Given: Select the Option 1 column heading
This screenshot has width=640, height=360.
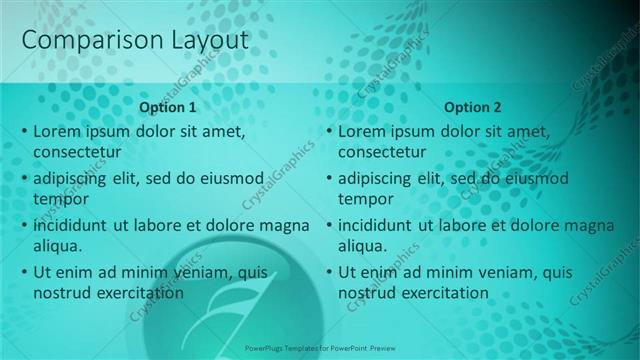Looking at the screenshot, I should point(168,107).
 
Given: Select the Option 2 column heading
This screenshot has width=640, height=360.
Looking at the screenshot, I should point(473,107).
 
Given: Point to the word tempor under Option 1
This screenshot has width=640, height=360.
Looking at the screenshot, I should point(60,199).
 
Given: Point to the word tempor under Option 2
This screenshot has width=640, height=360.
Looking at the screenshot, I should point(365,199).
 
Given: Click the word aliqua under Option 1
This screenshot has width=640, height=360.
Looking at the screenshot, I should point(58,245).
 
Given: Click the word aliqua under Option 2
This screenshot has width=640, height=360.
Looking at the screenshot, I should point(363,245).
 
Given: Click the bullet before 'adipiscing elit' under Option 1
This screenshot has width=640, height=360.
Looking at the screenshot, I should point(24,179).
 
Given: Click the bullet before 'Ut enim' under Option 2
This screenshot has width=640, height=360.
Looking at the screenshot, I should point(329,272).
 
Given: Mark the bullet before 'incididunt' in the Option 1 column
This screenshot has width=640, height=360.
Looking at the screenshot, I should point(24,226).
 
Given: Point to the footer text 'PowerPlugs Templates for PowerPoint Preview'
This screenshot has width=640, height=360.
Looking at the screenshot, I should point(320,350).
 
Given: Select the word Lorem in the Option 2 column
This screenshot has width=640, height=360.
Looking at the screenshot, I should point(361,132).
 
